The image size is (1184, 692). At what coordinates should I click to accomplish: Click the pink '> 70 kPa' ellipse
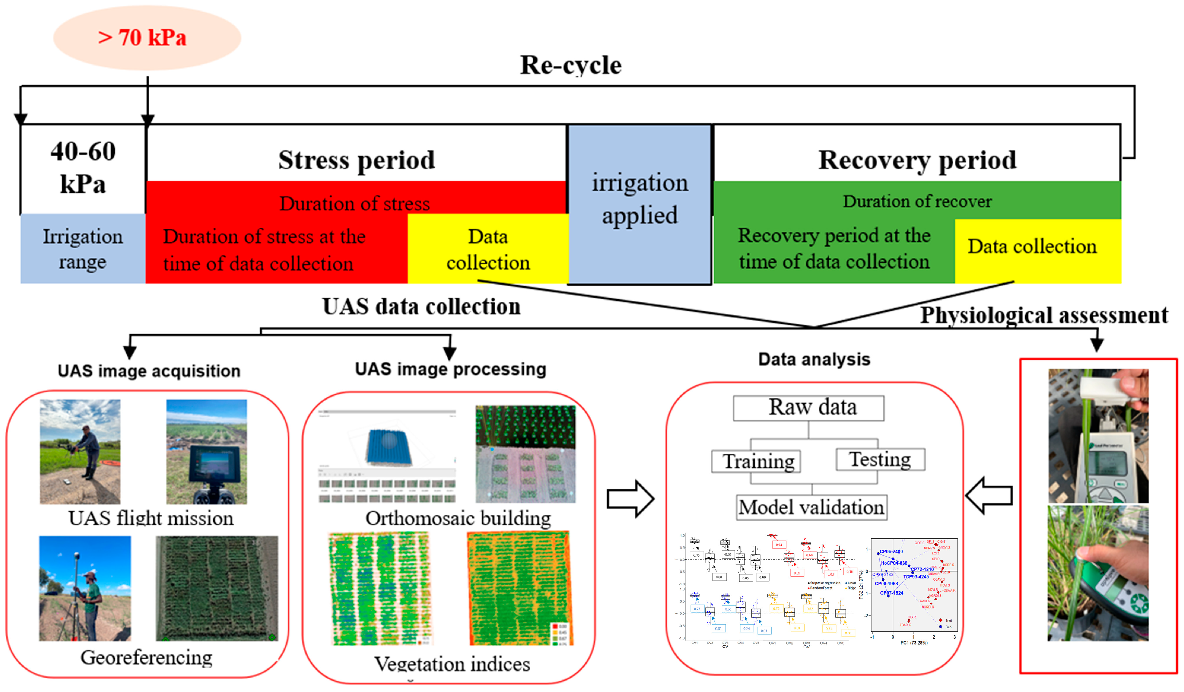(147, 38)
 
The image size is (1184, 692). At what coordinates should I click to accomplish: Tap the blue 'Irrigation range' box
(83, 249)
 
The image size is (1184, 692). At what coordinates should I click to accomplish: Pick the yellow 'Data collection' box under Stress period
(488, 249)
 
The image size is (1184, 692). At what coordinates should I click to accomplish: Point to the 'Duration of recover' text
(917, 201)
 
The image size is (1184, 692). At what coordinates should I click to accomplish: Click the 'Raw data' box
(808, 407)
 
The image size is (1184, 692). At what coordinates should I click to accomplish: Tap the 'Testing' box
(880, 459)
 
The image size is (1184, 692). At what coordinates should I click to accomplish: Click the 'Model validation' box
(811, 507)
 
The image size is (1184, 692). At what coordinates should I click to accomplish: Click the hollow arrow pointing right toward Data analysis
(629, 499)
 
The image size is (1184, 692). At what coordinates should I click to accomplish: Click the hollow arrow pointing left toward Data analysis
(989, 495)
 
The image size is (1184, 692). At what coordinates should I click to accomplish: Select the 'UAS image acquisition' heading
(149, 371)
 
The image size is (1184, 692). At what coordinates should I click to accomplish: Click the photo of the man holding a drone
(80, 451)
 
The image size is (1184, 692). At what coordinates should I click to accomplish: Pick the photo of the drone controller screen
(206, 451)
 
